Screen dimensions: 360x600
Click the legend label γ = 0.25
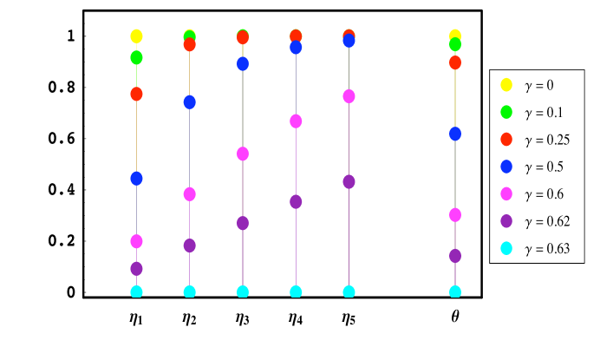click(546, 140)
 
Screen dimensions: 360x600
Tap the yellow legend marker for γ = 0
click(506, 85)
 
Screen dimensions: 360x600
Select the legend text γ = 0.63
click(546, 249)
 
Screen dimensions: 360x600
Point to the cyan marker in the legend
click(506, 249)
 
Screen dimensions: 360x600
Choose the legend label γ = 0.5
click(543, 167)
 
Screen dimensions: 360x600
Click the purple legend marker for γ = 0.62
click(506, 221)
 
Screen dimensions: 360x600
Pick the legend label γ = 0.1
click(543, 112)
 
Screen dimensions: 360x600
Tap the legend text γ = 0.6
click(543, 194)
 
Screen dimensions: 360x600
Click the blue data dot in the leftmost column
click(136, 179)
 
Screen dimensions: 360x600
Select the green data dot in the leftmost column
click(136, 57)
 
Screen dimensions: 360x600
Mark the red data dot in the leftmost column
click(136, 94)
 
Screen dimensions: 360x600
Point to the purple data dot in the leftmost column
click(136, 269)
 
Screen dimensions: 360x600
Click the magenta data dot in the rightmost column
click(455, 215)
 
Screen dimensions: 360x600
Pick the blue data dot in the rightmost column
click(455, 134)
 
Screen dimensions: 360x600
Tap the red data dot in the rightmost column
click(455, 62)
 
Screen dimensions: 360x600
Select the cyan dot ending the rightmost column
click(455, 292)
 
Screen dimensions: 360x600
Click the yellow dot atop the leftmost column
click(136, 36)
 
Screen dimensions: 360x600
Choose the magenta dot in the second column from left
click(189, 194)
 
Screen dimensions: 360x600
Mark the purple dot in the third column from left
click(243, 223)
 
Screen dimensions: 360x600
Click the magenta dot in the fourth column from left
click(296, 121)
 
